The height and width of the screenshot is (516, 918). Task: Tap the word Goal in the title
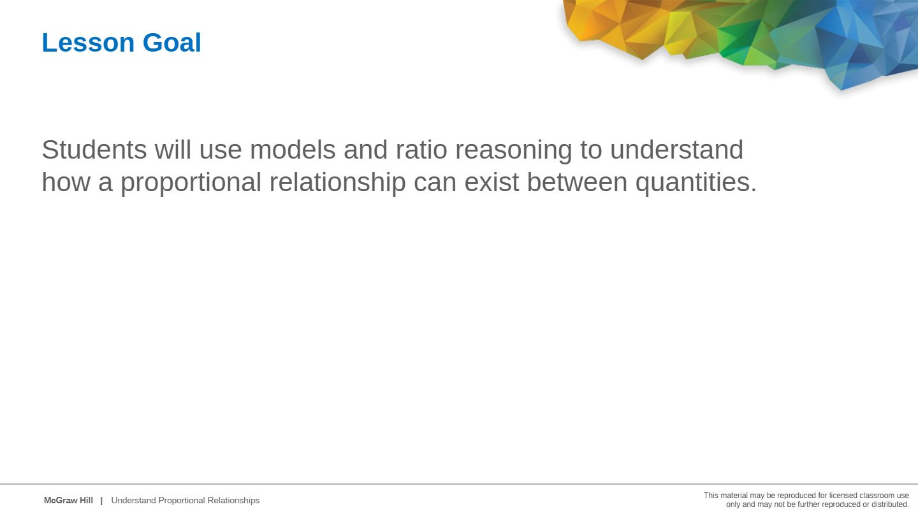pos(172,43)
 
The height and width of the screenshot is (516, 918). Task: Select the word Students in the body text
pos(94,150)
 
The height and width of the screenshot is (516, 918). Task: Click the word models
pos(293,150)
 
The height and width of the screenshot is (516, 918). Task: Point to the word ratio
pos(421,150)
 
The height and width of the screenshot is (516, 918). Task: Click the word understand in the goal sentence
pos(676,150)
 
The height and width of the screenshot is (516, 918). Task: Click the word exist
pos(492,182)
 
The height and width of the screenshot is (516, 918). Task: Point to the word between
pos(577,182)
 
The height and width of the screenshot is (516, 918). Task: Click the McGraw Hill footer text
pos(68,501)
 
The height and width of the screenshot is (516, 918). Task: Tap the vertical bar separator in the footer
pos(101,501)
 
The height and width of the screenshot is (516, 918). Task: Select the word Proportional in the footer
pos(182,501)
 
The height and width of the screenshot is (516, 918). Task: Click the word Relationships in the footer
pos(233,501)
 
